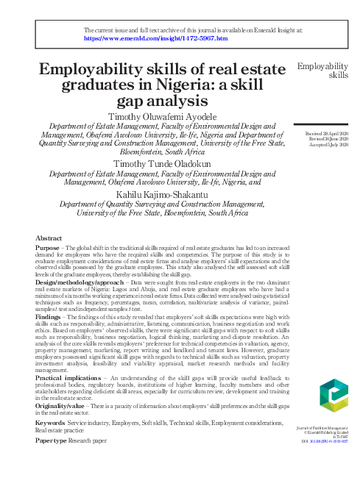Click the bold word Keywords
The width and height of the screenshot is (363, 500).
click(x=50, y=424)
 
